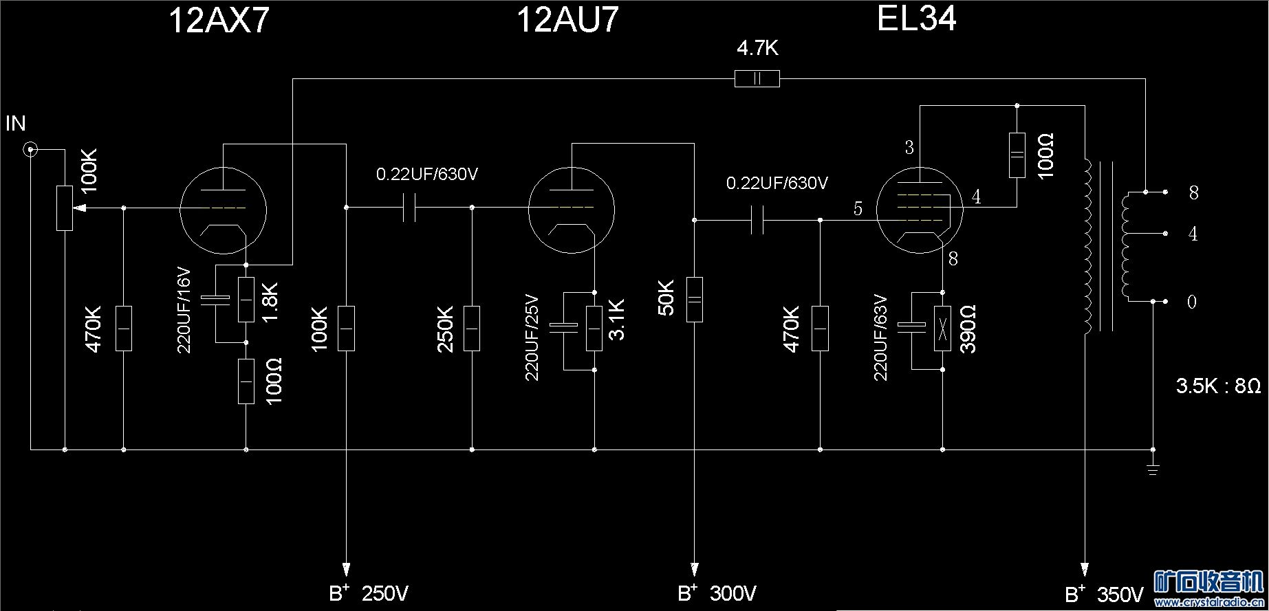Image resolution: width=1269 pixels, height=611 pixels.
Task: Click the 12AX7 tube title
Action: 218,21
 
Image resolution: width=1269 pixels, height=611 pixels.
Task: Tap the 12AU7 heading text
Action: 567,20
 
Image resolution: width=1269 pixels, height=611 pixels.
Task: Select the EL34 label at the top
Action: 916,19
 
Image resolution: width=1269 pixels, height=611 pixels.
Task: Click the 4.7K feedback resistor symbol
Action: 757,79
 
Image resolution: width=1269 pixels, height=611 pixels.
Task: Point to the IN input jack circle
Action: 30,149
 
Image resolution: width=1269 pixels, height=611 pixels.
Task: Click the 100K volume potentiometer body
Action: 65,208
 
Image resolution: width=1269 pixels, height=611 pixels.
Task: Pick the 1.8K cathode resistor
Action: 246,300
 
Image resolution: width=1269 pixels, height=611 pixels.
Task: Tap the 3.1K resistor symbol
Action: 594,329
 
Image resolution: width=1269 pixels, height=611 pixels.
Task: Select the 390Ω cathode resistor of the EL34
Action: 943,329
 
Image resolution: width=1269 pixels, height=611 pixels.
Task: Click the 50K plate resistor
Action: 695,300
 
